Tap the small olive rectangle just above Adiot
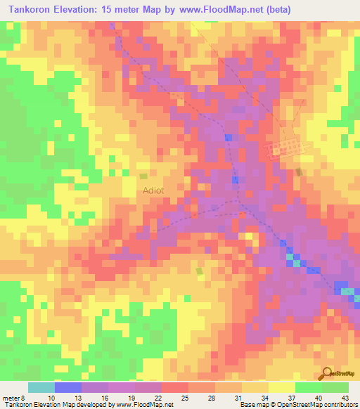pos(143,176)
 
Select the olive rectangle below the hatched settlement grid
pos(300,172)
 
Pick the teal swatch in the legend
pos(41,387)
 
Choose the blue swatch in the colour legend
pos(68,387)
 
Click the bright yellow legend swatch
pos(282,387)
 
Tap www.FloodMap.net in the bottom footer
pos(144,405)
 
